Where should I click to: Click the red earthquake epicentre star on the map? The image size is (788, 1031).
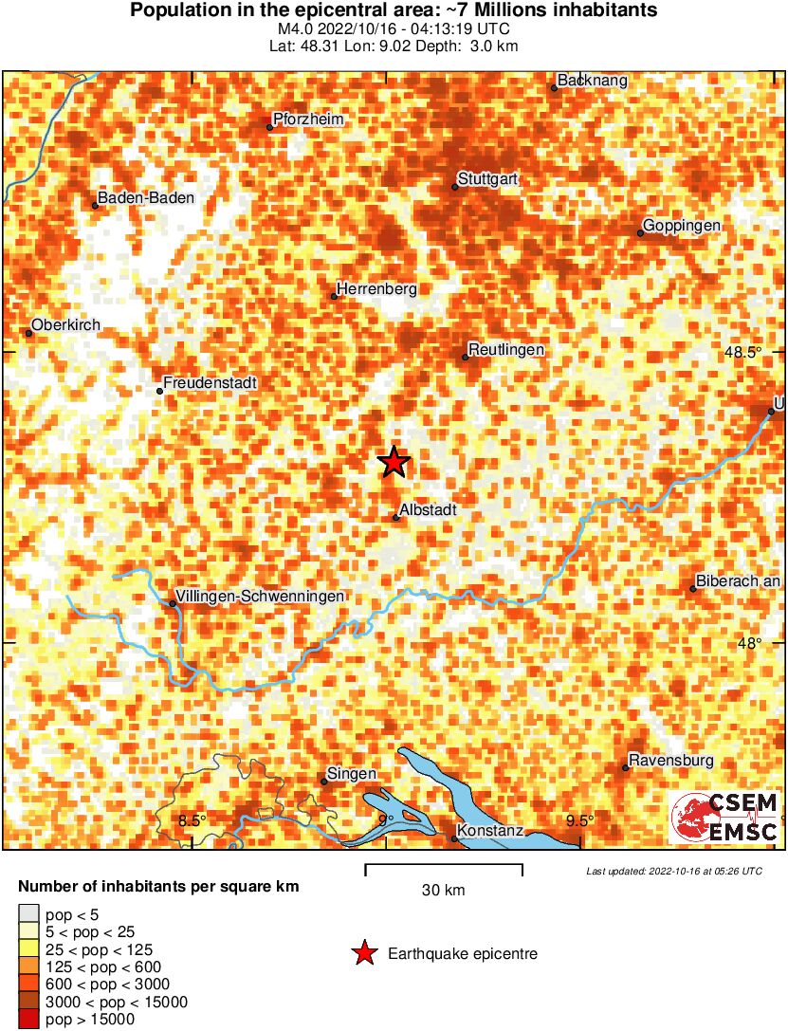click(x=394, y=462)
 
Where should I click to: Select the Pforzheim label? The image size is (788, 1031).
click(x=308, y=120)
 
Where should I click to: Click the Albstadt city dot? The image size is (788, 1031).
click(x=395, y=517)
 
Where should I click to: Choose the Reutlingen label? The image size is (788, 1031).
click(x=507, y=350)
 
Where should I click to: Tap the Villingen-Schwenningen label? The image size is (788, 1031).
click(x=260, y=596)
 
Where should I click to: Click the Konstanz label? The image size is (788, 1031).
click(x=490, y=831)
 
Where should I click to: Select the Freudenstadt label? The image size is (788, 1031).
click(x=211, y=383)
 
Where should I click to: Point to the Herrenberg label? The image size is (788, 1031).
click(x=377, y=289)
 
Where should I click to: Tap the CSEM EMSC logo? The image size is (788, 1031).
click(x=724, y=819)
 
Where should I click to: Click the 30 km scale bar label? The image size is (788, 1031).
click(x=444, y=891)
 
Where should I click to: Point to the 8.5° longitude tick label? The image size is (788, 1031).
click(x=192, y=820)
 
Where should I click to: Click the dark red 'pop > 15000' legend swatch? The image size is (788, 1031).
click(x=28, y=1020)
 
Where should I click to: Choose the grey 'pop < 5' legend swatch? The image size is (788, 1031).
click(x=28, y=915)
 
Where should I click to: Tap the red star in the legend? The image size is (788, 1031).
click(x=363, y=954)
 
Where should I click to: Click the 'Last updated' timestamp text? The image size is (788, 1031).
click(x=673, y=871)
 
